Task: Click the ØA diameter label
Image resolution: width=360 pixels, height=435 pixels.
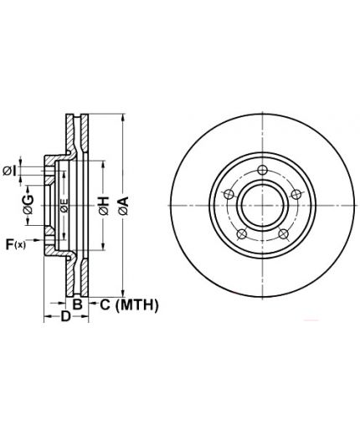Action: pos(123,206)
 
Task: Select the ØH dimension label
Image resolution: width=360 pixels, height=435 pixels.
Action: pos(103,206)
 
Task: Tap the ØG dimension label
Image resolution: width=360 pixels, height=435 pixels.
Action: pos(28,204)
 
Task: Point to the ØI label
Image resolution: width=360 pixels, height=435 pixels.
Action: pos(9,171)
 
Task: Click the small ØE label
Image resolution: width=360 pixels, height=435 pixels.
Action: pos(64,206)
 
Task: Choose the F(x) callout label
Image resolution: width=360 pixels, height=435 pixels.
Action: pos(16,244)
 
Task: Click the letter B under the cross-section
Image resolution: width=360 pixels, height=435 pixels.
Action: pos(77,304)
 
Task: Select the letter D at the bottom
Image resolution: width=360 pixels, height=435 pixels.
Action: pos(65,316)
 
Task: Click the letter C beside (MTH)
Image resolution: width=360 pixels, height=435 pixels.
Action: pos(105,304)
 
